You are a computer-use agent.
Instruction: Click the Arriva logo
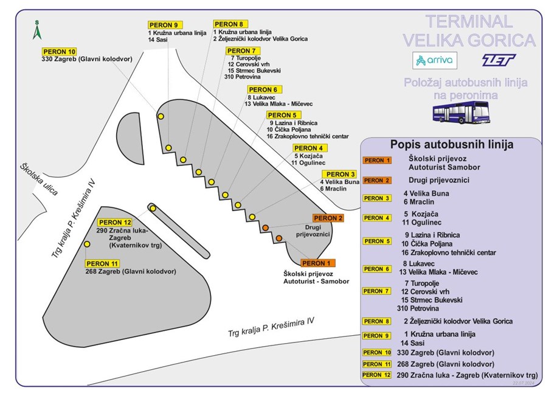click(435, 60)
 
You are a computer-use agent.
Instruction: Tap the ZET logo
click(499, 60)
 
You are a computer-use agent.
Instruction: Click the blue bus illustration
click(461, 112)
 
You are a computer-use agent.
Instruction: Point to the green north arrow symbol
click(36, 30)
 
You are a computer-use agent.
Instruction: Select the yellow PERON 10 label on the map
click(60, 52)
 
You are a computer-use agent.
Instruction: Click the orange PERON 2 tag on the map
click(328, 218)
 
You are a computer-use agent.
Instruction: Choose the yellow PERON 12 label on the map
click(115, 222)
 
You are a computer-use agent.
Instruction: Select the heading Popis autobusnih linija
click(452, 144)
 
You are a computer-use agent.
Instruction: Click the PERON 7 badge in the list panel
click(377, 291)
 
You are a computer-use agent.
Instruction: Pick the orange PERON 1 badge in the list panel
click(377, 161)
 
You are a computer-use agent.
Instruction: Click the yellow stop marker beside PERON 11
click(87, 244)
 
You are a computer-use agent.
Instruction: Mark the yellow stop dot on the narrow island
click(153, 209)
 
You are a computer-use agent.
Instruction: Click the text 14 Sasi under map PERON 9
click(157, 40)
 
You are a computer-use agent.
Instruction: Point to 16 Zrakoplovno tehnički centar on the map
click(308, 136)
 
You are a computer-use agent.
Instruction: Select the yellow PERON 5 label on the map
click(283, 115)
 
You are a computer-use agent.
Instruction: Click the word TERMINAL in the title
click(469, 21)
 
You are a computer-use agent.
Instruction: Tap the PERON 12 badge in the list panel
click(377, 375)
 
